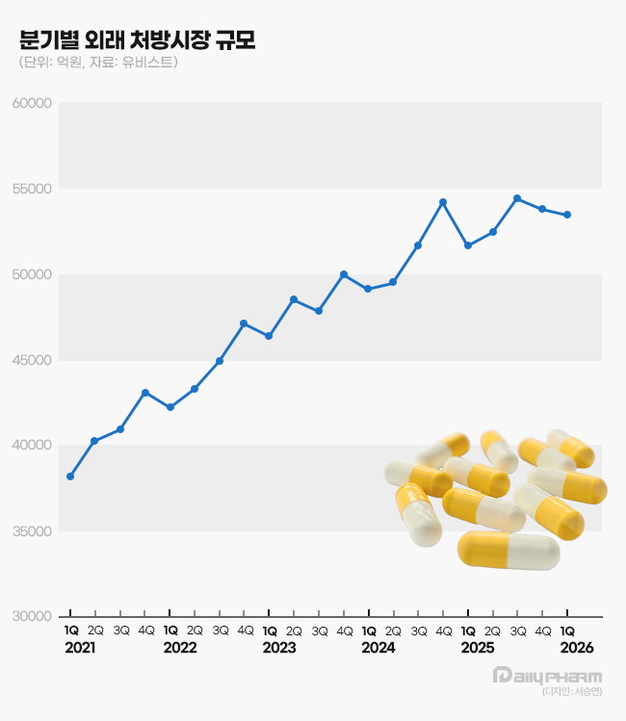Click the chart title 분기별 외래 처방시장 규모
[x=137, y=40]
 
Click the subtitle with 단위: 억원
[x=97, y=63]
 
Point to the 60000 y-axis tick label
[x=31, y=103]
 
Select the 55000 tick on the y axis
[x=31, y=189]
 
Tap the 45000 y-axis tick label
[x=31, y=360]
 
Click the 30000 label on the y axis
[x=31, y=616]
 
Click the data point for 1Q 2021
[x=70, y=476]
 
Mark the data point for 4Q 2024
[x=443, y=202]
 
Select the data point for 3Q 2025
[x=517, y=198]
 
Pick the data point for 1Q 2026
[x=567, y=215]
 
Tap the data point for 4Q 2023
[x=344, y=274]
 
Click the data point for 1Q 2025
[x=468, y=245]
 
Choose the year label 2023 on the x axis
[x=279, y=648]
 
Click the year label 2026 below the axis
[x=576, y=648]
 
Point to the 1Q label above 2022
[x=170, y=631]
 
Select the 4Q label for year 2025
[x=543, y=631]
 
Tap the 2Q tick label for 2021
[x=95, y=631]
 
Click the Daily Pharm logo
[x=546, y=676]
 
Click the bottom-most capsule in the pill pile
[x=508, y=550]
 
